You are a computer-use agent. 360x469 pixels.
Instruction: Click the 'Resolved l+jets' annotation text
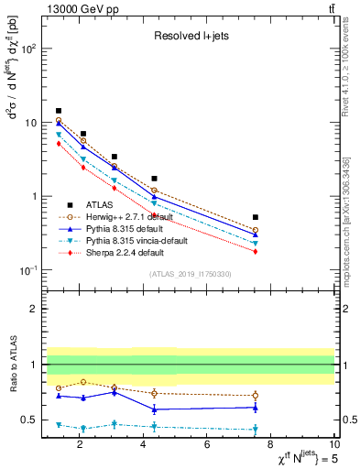click(190, 37)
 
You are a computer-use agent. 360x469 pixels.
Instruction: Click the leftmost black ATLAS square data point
click(59, 111)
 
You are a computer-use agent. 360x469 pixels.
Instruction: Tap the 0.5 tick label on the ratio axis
click(29, 420)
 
